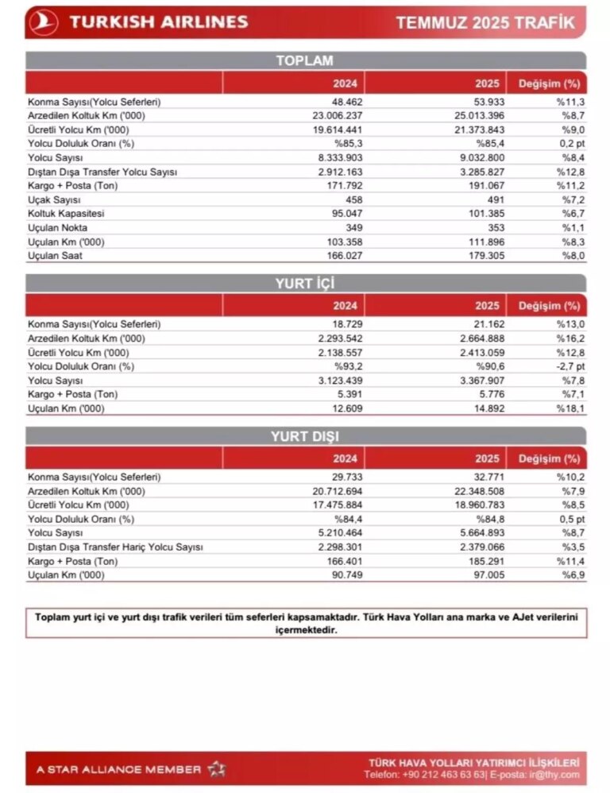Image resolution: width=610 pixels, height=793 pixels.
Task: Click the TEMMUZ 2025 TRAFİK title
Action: point(485,22)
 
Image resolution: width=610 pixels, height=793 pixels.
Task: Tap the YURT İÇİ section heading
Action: point(304,284)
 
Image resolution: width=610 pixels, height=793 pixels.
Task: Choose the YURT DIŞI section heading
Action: point(304,436)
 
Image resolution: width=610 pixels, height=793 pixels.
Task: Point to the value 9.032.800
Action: point(475,158)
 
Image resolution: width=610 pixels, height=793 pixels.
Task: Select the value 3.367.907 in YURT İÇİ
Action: point(475,381)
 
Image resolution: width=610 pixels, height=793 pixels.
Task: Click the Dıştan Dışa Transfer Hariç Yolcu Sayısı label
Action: point(116,547)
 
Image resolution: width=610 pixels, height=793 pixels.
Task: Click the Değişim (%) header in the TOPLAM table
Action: point(549,83)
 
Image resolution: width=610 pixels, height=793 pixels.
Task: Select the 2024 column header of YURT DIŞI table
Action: point(346,458)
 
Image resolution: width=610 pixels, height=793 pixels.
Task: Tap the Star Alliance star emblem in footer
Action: point(217,768)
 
